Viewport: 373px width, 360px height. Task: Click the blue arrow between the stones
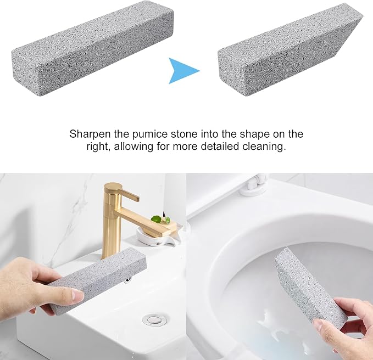pyautogui.click(x=182, y=71)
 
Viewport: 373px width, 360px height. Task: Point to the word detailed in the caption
pyautogui.click(x=220, y=146)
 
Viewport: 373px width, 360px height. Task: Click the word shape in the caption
pyautogui.click(x=255, y=134)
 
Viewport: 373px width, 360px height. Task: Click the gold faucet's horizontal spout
pyautogui.click(x=144, y=220)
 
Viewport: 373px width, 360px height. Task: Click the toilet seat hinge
pyautogui.click(x=256, y=185)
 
